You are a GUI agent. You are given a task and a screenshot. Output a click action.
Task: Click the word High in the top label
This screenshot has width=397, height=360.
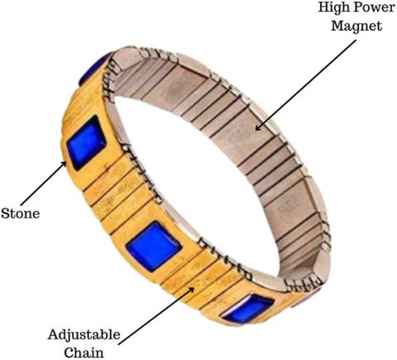click(332, 7)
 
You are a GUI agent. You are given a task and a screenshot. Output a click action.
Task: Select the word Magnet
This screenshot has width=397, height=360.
click(356, 26)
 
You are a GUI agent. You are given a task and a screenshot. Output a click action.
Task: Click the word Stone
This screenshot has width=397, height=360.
click(20, 214)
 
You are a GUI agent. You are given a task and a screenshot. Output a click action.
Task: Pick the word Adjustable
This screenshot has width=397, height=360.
click(84, 335)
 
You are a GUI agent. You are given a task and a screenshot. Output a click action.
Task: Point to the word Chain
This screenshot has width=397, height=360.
click(84, 353)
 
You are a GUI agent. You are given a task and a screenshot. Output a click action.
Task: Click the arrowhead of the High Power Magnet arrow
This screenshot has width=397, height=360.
click(258, 127)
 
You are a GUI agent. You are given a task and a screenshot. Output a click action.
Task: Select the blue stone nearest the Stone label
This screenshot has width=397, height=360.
click(86, 143)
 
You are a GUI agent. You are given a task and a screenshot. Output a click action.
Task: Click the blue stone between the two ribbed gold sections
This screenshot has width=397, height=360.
click(154, 246)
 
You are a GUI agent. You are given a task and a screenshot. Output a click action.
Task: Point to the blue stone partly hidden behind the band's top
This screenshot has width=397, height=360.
click(93, 69)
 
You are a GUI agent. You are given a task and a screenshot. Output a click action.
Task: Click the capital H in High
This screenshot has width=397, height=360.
click(324, 7)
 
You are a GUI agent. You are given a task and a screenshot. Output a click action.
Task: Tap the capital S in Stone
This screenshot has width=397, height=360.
click(5, 214)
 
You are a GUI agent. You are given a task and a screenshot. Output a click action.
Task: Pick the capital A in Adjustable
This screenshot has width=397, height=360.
click(54, 334)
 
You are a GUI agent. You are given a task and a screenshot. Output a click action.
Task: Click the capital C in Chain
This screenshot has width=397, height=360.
click(69, 353)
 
